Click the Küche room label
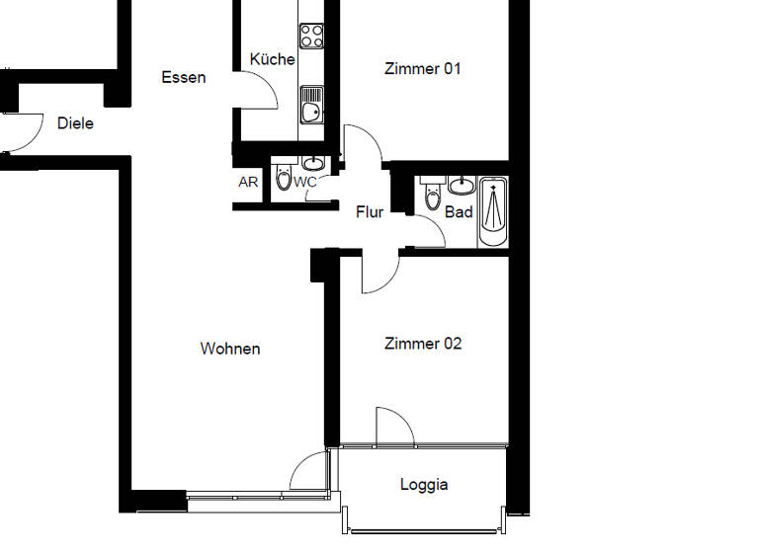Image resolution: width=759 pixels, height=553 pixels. pyautogui.click(x=272, y=59)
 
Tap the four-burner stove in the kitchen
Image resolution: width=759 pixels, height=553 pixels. pyautogui.click(x=312, y=36)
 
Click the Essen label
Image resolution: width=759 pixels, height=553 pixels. pyautogui.click(x=184, y=77)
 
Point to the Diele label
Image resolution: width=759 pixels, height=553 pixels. pyautogui.click(x=75, y=123)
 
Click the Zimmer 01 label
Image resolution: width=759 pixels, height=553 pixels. pyautogui.click(x=423, y=69)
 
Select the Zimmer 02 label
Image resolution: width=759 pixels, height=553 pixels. pyautogui.click(x=423, y=344)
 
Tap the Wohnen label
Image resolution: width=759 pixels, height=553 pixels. pyautogui.click(x=230, y=349)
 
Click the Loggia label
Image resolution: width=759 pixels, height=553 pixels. pyautogui.click(x=424, y=484)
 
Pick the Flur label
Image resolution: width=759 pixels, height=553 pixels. pyautogui.click(x=370, y=211)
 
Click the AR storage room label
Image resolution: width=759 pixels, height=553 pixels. pyautogui.click(x=248, y=182)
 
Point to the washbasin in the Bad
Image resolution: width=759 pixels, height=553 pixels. pyautogui.click(x=462, y=185)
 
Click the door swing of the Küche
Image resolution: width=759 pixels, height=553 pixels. pyautogui.click(x=259, y=93)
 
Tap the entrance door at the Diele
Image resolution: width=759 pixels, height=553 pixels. pyautogui.click(x=22, y=133)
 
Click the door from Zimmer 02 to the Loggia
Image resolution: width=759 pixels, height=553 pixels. pyautogui.click(x=393, y=427)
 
